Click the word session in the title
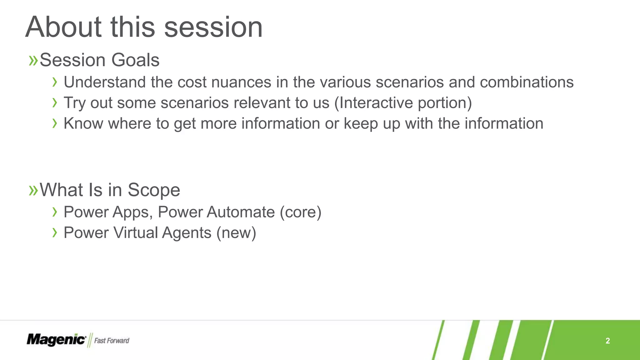(213, 27)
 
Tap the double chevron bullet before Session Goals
(33, 60)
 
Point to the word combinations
(527, 82)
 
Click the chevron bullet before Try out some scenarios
(55, 102)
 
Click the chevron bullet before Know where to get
(55, 123)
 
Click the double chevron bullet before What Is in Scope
(33, 190)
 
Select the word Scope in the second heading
(154, 190)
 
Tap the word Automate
(241, 212)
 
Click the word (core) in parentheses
(300, 212)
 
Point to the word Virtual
(136, 233)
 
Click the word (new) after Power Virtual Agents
(236, 233)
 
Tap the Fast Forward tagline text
(112, 341)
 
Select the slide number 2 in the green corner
(607, 341)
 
